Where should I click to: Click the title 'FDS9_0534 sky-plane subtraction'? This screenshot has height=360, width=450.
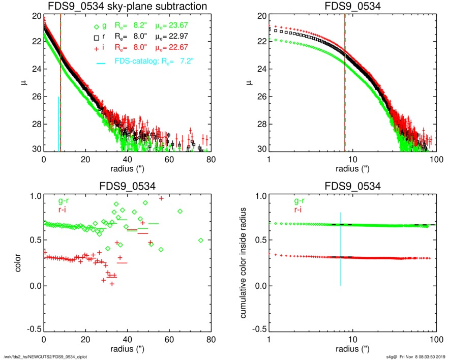127,6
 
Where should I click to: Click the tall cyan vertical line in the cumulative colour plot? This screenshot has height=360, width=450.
341,249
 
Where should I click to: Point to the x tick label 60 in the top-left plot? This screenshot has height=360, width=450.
170,159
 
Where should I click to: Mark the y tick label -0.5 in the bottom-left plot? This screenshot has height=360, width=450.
33,329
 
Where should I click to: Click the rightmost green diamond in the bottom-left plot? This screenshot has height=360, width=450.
201,240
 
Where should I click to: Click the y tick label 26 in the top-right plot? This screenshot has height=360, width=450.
259,96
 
